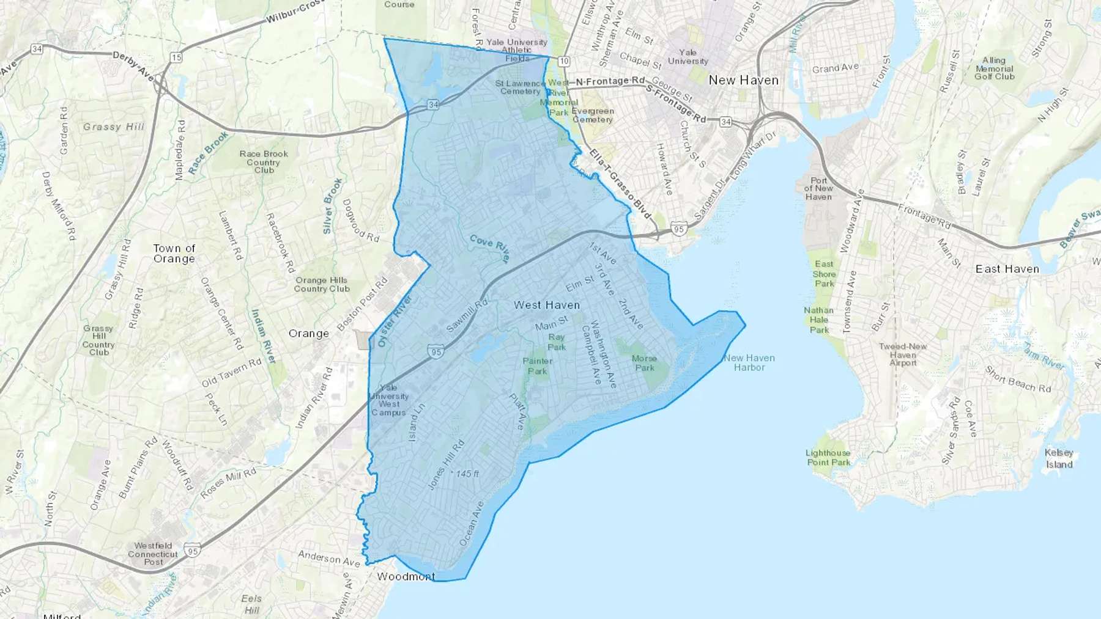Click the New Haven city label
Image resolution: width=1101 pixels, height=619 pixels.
click(x=743, y=80)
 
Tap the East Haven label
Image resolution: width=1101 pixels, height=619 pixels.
click(x=1007, y=269)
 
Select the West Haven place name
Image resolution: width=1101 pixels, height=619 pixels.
click(x=546, y=305)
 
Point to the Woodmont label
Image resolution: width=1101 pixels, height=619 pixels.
click(x=406, y=576)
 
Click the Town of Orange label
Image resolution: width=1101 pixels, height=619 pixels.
click(x=174, y=254)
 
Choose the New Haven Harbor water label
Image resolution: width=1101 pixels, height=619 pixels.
click(x=749, y=363)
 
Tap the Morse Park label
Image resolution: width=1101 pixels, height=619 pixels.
click(x=644, y=363)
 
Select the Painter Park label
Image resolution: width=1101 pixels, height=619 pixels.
click(x=538, y=366)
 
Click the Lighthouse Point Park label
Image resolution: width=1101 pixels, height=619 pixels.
click(x=828, y=458)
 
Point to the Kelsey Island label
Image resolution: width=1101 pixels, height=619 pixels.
click(x=1059, y=458)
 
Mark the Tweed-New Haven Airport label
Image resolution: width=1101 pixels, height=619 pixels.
click(x=903, y=354)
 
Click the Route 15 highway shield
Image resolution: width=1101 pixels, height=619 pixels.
click(x=176, y=58)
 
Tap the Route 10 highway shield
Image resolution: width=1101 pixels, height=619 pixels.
click(x=563, y=61)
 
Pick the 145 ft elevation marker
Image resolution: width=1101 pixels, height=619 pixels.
click(x=467, y=474)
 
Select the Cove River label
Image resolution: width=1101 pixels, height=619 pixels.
click(x=489, y=248)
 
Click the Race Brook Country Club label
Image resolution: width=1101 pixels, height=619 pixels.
click(x=264, y=162)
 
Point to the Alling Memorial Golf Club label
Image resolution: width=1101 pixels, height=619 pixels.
click(x=994, y=68)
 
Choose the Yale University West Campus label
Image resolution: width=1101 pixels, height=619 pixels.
click(x=389, y=400)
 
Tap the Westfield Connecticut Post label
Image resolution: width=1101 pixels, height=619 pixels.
click(x=153, y=554)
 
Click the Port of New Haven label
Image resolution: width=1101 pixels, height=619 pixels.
click(x=818, y=189)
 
